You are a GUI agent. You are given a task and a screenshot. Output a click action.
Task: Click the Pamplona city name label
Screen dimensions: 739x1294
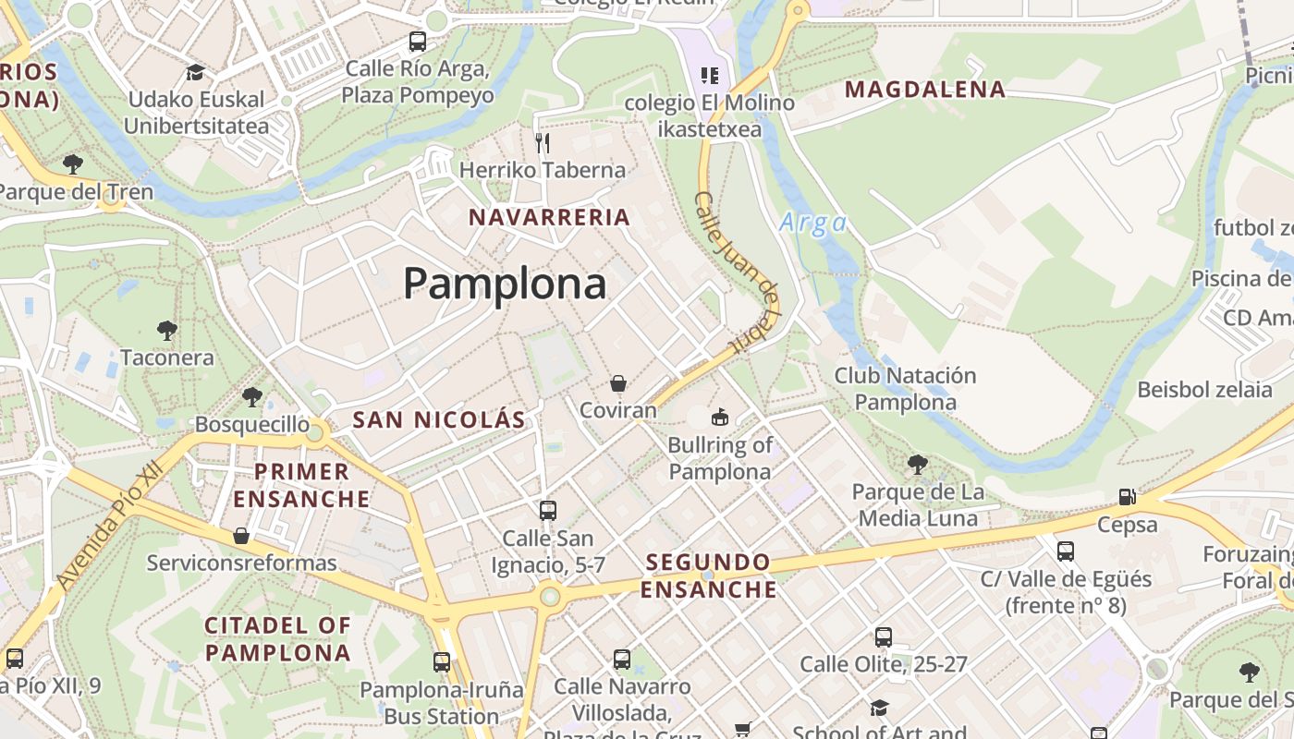(x=505, y=283)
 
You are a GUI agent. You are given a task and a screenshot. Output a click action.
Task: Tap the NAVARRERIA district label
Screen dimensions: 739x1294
(x=549, y=218)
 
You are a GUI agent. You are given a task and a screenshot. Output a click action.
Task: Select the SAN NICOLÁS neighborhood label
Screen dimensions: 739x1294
(x=439, y=419)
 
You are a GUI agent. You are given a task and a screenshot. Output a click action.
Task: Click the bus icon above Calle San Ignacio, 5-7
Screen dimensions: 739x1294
(x=548, y=510)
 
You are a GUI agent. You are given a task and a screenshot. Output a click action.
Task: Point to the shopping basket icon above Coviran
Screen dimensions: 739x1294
(x=618, y=383)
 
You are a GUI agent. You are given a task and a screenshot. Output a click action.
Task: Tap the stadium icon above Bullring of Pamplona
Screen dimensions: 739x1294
(x=720, y=417)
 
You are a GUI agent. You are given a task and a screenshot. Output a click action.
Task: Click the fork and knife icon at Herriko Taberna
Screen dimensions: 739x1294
(x=543, y=142)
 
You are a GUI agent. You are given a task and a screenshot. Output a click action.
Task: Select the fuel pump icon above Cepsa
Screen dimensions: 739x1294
(x=1127, y=497)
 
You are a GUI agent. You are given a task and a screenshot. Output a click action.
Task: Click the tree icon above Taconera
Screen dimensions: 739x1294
(x=167, y=330)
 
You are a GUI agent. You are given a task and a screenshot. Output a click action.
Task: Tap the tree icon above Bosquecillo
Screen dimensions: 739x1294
(x=251, y=397)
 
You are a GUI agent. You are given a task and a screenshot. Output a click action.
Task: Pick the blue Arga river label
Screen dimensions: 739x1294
(x=813, y=223)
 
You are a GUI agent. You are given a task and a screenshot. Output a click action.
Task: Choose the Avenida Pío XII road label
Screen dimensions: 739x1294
(x=108, y=526)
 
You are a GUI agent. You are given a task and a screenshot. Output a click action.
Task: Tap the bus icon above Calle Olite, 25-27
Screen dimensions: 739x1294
(x=884, y=636)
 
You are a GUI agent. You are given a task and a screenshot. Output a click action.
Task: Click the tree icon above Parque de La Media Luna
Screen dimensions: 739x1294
(x=917, y=464)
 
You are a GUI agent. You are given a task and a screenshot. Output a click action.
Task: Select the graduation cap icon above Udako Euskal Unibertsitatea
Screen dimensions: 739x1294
(x=195, y=72)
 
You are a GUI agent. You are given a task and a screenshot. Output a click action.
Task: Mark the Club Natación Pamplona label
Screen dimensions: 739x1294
(x=905, y=389)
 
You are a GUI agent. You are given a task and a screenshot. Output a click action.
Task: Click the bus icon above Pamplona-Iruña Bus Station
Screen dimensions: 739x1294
(x=442, y=661)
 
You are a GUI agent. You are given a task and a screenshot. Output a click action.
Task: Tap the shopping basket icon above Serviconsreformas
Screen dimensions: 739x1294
(x=241, y=536)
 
